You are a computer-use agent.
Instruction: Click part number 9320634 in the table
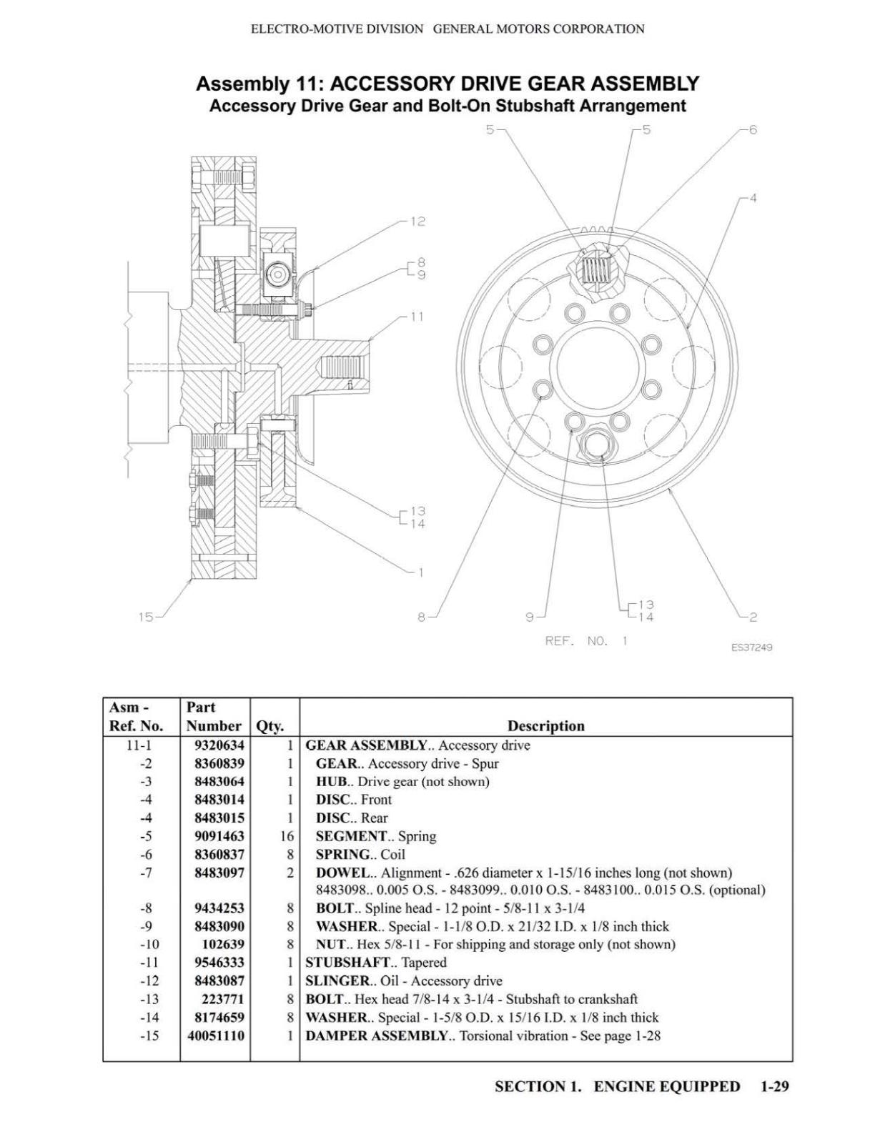(219, 745)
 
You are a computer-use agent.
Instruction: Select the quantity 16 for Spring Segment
(287, 836)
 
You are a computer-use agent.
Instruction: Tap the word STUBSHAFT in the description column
(347, 962)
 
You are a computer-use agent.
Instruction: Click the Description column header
(545, 725)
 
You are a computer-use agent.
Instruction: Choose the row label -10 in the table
(149, 945)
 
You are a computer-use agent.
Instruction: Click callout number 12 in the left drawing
(417, 222)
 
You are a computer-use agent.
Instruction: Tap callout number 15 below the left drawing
(146, 617)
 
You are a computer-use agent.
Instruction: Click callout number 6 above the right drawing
(753, 130)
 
